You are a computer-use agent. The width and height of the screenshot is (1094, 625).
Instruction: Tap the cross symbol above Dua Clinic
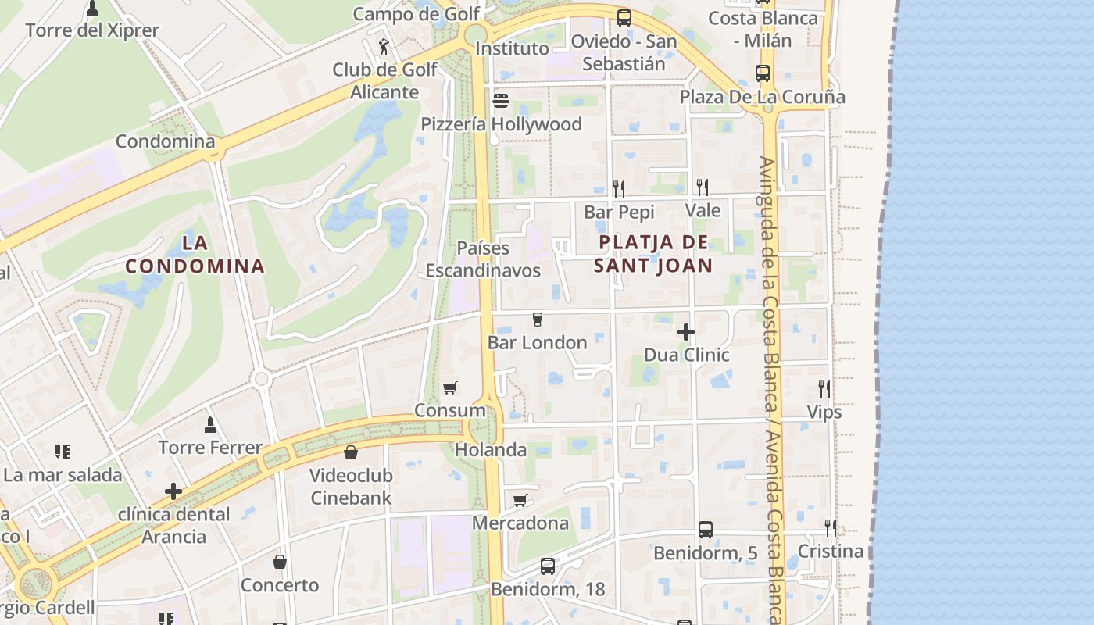tap(686, 332)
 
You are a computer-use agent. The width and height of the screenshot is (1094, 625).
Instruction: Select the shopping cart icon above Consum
tap(449, 387)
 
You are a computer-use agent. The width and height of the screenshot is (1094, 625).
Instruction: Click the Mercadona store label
tap(520, 523)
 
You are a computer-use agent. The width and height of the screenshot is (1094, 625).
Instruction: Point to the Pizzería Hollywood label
tap(501, 124)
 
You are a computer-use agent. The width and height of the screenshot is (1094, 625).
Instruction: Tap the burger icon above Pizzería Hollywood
tap(501, 101)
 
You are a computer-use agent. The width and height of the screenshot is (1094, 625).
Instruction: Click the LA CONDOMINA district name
tap(195, 255)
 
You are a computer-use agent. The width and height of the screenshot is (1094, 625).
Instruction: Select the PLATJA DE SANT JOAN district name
tap(653, 254)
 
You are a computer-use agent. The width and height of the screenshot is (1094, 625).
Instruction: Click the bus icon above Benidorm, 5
tap(706, 530)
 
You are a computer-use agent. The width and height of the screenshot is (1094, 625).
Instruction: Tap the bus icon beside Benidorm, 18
tap(548, 566)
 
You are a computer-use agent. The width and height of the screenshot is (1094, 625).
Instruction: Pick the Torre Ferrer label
tap(210, 448)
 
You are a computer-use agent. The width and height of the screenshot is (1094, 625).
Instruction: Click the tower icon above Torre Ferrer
tap(209, 425)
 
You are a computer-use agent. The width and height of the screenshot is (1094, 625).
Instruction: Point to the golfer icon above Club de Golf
tap(384, 47)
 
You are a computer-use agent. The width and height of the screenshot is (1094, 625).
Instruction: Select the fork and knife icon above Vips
tap(824, 388)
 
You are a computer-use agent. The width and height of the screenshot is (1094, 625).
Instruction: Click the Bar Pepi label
tap(619, 212)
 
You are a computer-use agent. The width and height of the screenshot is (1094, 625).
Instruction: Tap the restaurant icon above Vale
tap(703, 187)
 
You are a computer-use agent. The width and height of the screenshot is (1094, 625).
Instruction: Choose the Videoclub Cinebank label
tap(351, 486)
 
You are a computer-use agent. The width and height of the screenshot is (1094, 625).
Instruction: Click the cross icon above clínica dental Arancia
tap(173, 491)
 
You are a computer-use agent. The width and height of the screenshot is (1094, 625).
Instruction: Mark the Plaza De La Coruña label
tap(762, 97)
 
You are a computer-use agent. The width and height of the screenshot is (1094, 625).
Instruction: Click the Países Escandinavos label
tap(483, 259)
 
